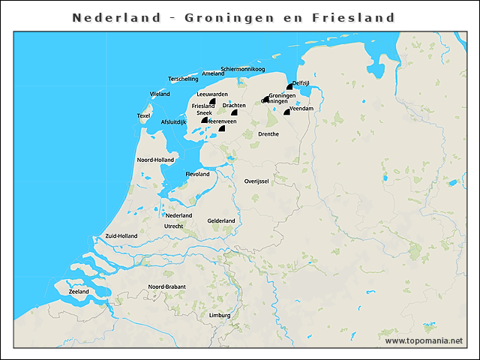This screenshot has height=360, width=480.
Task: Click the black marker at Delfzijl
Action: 289,87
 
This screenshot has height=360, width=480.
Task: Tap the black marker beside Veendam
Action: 286,112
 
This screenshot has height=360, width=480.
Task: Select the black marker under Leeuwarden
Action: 212,101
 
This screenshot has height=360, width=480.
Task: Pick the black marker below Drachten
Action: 235,113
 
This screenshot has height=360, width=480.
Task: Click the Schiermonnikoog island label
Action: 243,69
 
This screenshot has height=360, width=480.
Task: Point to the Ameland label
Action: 213,73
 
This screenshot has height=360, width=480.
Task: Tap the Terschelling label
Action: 183,79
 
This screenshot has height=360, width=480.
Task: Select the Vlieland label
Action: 160,94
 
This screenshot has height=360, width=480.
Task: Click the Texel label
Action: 143,115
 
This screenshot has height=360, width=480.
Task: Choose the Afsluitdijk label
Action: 173,121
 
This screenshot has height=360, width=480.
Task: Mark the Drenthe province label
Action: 268,134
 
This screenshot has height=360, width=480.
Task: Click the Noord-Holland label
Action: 155,160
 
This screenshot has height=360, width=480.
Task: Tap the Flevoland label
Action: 197,173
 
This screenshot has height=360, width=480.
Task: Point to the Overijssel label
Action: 256,181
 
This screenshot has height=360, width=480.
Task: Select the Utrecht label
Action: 173,226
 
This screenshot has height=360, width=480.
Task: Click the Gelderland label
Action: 221,220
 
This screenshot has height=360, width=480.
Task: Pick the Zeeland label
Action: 79,292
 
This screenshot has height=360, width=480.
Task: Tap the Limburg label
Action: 220,316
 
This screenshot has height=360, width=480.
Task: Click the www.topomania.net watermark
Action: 424,340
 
